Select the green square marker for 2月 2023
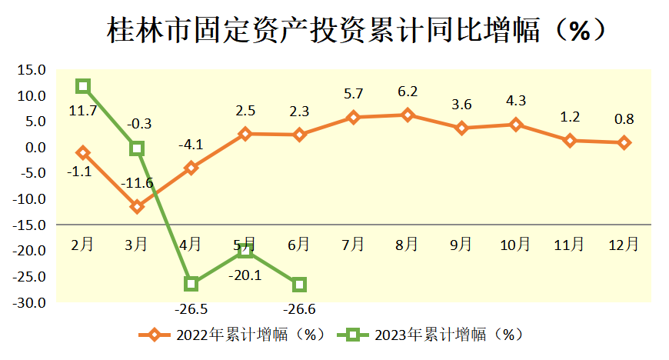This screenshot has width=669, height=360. pyautogui.click(x=83, y=86)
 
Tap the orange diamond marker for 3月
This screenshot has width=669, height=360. pyautogui.click(x=137, y=206)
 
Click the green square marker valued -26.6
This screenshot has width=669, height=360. pyautogui.click(x=299, y=285)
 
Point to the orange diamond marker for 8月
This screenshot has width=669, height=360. pyautogui.click(x=408, y=115)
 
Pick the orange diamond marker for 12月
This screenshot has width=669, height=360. pyautogui.click(x=624, y=142)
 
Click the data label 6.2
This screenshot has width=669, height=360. pyautogui.click(x=408, y=92)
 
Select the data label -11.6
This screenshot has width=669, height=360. pyautogui.click(x=137, y=183)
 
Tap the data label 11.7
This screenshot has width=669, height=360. pyautogui.click(x=82, y=111)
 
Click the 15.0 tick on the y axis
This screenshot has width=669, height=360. pyautogui.click(x=32, y=70)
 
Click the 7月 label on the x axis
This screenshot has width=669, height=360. pyautogui.click(x=353, y=245)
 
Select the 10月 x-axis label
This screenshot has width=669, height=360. pyautogui.click(x=515, y=245)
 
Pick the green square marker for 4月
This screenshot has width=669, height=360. pyautogui.click(x=191, y=284)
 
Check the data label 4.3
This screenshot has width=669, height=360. pyautogui.click(x=515, y=100)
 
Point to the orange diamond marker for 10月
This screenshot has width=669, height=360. pyautogui.click(x=515, y=125)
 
